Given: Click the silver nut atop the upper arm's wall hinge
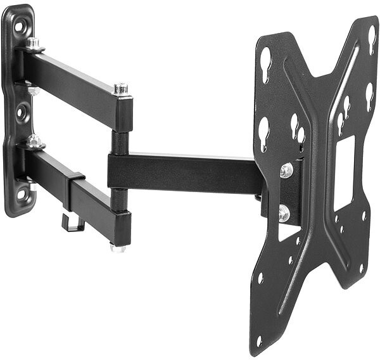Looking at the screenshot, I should (33, 44).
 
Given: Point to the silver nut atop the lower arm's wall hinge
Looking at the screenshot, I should (35, 141).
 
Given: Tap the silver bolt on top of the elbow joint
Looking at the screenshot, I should (120, 88).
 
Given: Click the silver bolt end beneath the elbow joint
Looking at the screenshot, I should (118, 248).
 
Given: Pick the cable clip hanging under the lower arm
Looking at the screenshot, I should (73, 222).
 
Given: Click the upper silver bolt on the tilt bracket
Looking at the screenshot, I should (286, 170).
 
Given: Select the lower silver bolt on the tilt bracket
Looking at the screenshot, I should (283, 214).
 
